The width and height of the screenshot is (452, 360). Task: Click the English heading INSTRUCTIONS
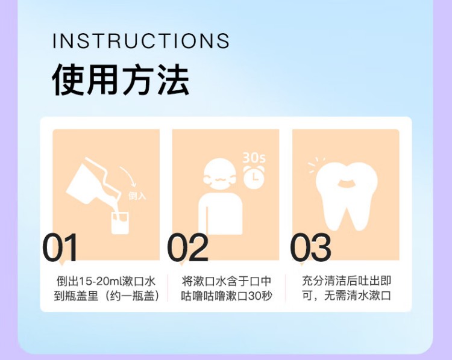click(140, 40)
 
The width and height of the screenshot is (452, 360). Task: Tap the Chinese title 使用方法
click(121, 79)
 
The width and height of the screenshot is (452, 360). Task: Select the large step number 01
click(60, 247)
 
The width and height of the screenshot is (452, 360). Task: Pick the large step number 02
click(187, 247)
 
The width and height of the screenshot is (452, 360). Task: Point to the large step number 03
click(310, 247)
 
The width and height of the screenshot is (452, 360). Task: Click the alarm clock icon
click(254, 176)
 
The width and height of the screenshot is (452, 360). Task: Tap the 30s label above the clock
click(254, 157)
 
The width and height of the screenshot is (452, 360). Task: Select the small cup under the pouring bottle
click(120, 222)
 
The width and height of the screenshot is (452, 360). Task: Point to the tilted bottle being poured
click(92, 181)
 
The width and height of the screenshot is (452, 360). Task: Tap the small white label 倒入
click(137, 196)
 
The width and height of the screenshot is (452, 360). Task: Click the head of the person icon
click(219, 175)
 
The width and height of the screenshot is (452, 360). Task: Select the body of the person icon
click(220, 214)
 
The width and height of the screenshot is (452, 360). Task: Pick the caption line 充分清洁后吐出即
click(347, 281)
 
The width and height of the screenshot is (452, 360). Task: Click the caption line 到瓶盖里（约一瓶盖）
click(106, 296)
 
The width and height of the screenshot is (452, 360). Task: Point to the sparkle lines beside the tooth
click(316, 165)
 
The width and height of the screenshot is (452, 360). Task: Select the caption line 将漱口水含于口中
click(226, 281)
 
